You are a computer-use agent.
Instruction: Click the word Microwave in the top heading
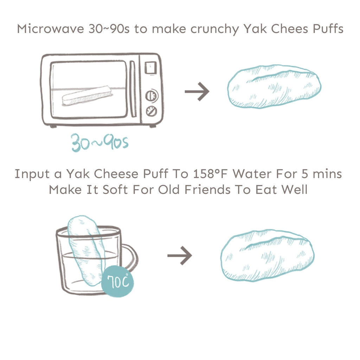click(51, 29)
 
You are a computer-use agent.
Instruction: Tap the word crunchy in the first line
click(215, 30)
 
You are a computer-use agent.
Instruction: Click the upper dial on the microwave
click(152, 96)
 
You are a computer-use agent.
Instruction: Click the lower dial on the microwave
click(152, 111)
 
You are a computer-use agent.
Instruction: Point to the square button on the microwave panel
click(150, 68)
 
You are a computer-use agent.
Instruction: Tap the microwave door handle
click(133, 89)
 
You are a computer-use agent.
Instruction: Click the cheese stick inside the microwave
click(86, 96)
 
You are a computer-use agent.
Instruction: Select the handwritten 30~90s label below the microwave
click(99, 143)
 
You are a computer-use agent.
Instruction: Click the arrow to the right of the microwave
click(197, 91)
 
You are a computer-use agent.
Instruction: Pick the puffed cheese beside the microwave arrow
click(274, 86)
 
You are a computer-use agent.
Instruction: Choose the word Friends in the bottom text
click(207, 190)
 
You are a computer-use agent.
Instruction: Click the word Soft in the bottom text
click(115, 190)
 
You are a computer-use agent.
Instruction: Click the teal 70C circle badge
click(117, 281)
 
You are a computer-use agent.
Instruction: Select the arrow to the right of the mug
click(180, 256)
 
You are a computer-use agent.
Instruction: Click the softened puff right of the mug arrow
click(268, 255)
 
